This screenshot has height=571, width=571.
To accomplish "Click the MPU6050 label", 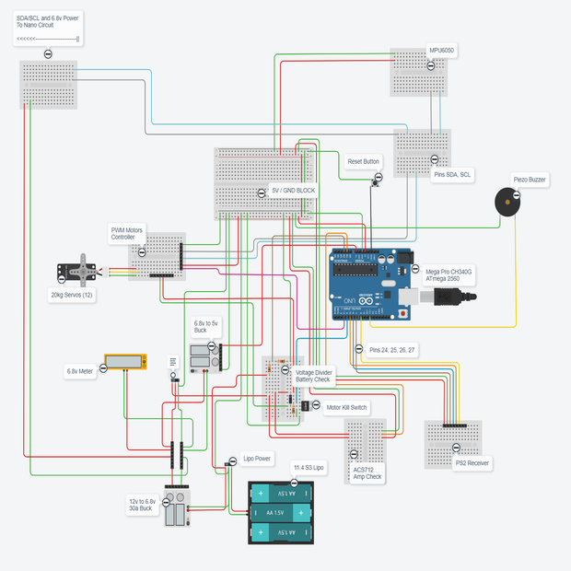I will point(442,51).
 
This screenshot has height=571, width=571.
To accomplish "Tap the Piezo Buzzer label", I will point(530,181).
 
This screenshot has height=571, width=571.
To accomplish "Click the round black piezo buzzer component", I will point(506,202).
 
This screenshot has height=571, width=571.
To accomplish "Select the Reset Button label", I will point(364,161).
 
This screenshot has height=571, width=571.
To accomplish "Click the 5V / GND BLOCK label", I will point(293,191).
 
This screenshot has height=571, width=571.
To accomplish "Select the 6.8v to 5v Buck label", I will point(205,327).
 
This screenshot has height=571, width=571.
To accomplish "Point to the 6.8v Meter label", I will point(80,371).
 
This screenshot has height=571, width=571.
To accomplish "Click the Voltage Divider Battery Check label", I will point(314,376).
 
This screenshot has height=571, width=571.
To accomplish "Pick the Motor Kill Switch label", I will point(346,406).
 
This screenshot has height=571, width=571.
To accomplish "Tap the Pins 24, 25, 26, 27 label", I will point(392,350).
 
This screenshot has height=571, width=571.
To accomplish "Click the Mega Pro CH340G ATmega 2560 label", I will point(449,275).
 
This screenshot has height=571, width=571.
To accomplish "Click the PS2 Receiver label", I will point(472,463).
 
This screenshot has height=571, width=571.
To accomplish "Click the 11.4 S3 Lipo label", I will point(309,468).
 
